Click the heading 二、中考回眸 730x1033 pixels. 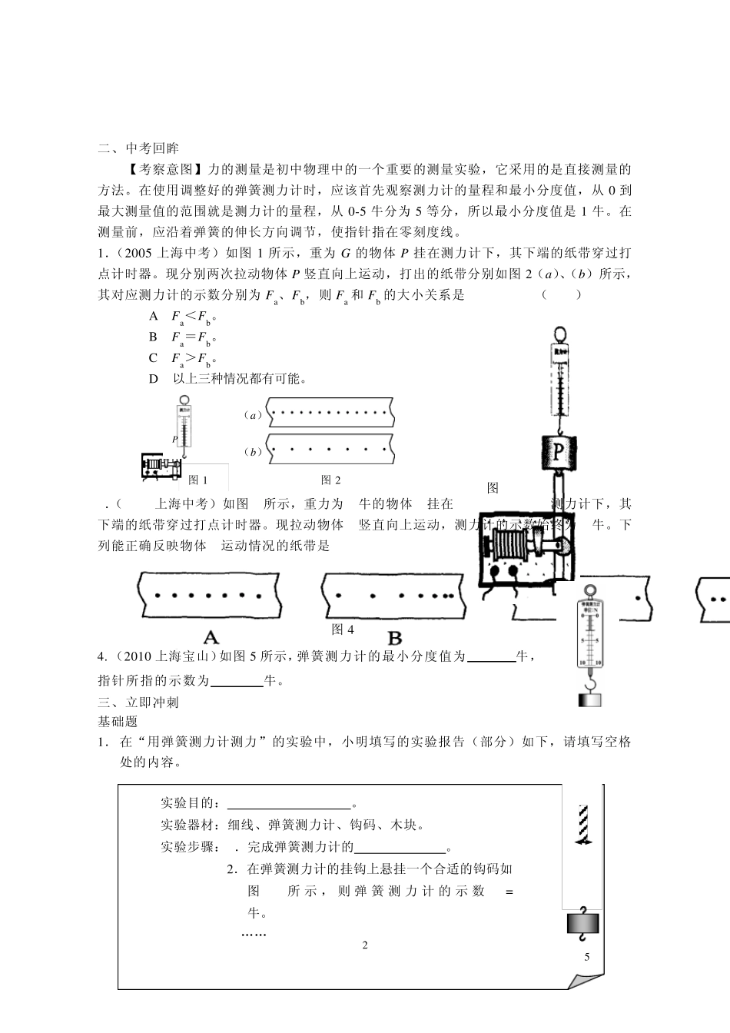click(138, 148)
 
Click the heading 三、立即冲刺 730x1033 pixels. click(138, 702)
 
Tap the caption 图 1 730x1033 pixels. click(198, 480)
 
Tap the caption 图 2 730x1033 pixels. click(330, 480)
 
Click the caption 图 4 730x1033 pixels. click(343, 629)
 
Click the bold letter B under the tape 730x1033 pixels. click(394, 637)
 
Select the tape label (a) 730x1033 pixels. click(253, 415)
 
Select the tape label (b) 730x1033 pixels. click(253, 452)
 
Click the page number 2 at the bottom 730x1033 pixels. click(365, 945)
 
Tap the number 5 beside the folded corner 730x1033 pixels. click(587, 957)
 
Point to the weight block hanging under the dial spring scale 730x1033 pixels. click(589, 699)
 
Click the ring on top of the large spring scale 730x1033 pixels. click(559, 334)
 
